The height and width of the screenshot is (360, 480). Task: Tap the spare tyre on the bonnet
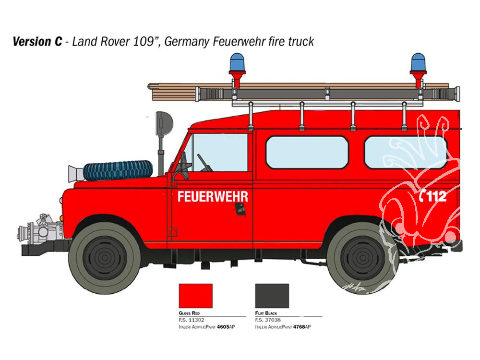(118, 170)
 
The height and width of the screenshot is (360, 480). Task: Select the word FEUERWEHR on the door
(213, 197)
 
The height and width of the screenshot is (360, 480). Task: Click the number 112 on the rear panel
(437, 196)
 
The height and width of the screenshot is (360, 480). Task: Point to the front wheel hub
(105, 258)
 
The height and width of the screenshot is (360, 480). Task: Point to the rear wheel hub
(362, 258)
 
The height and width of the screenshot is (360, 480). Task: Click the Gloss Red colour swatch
(196, 296)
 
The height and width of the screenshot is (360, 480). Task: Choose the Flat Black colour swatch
(272, 296)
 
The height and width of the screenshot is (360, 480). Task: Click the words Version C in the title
(37, 42)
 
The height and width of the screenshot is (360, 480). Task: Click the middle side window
(307, 152)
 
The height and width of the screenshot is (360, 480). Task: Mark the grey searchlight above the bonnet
(164, 123)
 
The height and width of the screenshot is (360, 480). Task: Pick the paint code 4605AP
(226, 327)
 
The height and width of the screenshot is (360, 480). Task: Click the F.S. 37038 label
(268, 320)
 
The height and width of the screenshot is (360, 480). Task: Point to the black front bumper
(46, 249)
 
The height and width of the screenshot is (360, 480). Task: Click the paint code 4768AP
(302, 327)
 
